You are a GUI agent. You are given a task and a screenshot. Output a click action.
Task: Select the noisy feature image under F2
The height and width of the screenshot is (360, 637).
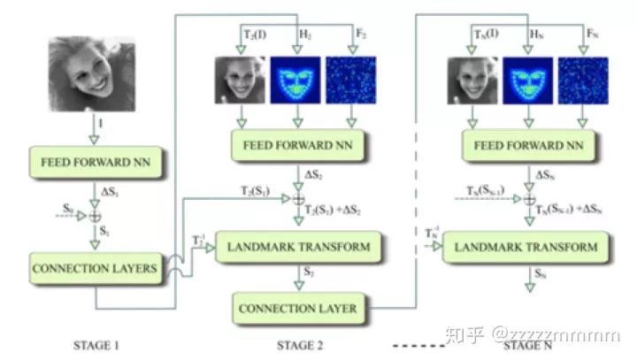(x=352, y=81)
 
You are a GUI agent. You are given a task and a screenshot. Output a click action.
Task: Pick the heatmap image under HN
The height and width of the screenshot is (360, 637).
(x=527, y=81)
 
